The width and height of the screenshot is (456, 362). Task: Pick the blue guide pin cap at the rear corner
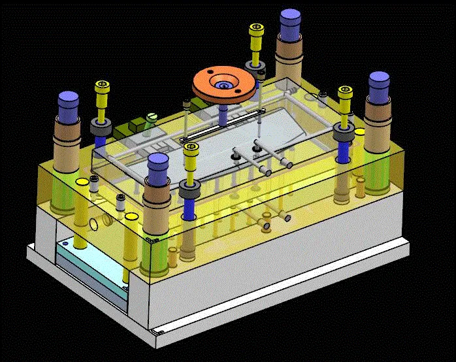[290, 24]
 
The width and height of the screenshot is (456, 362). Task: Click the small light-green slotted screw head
[152, 118]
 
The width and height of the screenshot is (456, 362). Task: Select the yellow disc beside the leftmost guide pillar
[82, 181]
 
